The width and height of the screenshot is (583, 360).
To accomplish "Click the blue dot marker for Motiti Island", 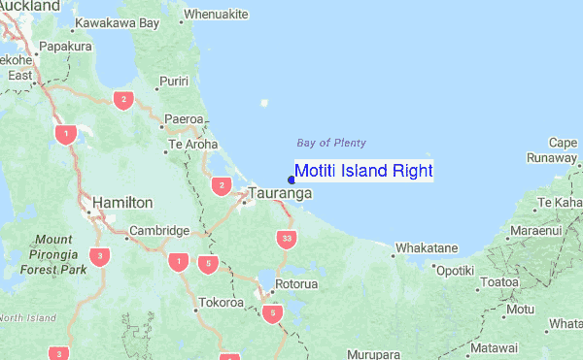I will tap(292, 179).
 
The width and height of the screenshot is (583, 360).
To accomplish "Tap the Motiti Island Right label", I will tap(363, 172).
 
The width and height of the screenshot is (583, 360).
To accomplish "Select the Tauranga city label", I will tap(281, 193).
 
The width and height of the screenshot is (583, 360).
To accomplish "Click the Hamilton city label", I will tap(122, 202).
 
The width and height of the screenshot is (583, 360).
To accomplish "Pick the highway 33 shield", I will tap(285, 238).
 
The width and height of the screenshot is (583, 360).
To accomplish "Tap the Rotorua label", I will tap(296, 284).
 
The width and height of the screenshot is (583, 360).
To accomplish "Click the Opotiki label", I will tap(454, 271).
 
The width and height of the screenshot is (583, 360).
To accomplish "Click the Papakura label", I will tap(66, 45).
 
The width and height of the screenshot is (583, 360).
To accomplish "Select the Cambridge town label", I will tap(158, 231).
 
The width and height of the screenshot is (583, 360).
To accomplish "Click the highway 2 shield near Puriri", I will tap(122, 99).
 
